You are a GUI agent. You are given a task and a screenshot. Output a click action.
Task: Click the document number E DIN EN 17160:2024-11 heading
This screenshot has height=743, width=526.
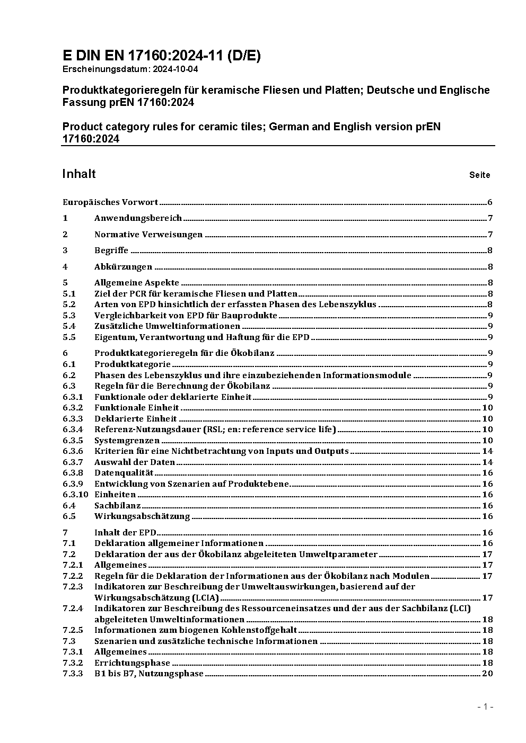point(161,56)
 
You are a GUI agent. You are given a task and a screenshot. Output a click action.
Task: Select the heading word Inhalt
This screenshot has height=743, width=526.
point(79,174)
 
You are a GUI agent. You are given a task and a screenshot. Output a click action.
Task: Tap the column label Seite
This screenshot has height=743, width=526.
point(479,175)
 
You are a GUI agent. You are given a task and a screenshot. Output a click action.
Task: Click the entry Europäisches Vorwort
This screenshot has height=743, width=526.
point(110,202)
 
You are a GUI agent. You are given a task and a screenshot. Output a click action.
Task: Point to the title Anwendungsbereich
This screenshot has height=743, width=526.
point(138,218)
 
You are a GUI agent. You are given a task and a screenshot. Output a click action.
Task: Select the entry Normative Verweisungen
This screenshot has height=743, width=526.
point(148,235)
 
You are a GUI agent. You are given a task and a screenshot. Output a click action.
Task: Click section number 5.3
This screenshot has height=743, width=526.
point(69,316)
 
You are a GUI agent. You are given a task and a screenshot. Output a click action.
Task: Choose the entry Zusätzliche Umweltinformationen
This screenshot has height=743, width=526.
point(167,326)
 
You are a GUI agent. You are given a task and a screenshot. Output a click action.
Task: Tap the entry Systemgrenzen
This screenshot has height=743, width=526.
point(127,441)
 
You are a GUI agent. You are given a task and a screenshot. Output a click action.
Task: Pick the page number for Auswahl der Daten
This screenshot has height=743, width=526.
point(487,462)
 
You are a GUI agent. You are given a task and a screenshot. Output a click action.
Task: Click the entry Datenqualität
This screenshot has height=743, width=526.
point(124,473)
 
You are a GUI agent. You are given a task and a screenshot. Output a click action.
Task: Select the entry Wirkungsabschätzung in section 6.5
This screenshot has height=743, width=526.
point(142,516)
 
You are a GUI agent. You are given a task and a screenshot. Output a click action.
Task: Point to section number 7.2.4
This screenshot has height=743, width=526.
point(73,608)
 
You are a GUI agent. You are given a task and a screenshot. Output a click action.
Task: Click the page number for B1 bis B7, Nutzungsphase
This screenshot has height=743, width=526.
point(487,674)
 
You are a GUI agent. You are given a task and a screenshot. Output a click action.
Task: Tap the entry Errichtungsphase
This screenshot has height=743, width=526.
point(132,663)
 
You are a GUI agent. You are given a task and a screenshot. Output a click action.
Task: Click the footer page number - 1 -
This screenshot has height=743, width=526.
point(485,706)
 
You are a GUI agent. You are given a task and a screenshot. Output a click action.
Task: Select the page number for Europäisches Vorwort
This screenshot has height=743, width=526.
point(490,202)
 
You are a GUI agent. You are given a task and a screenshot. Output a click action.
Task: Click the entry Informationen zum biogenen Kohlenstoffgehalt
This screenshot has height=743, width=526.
point(196,630)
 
